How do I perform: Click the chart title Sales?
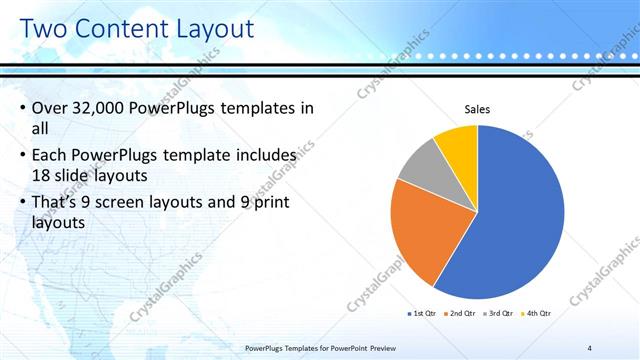(477, 109)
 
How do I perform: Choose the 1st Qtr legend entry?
(422, 314)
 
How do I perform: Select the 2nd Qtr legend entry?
(460, 314)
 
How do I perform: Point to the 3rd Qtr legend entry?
(497, 314)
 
